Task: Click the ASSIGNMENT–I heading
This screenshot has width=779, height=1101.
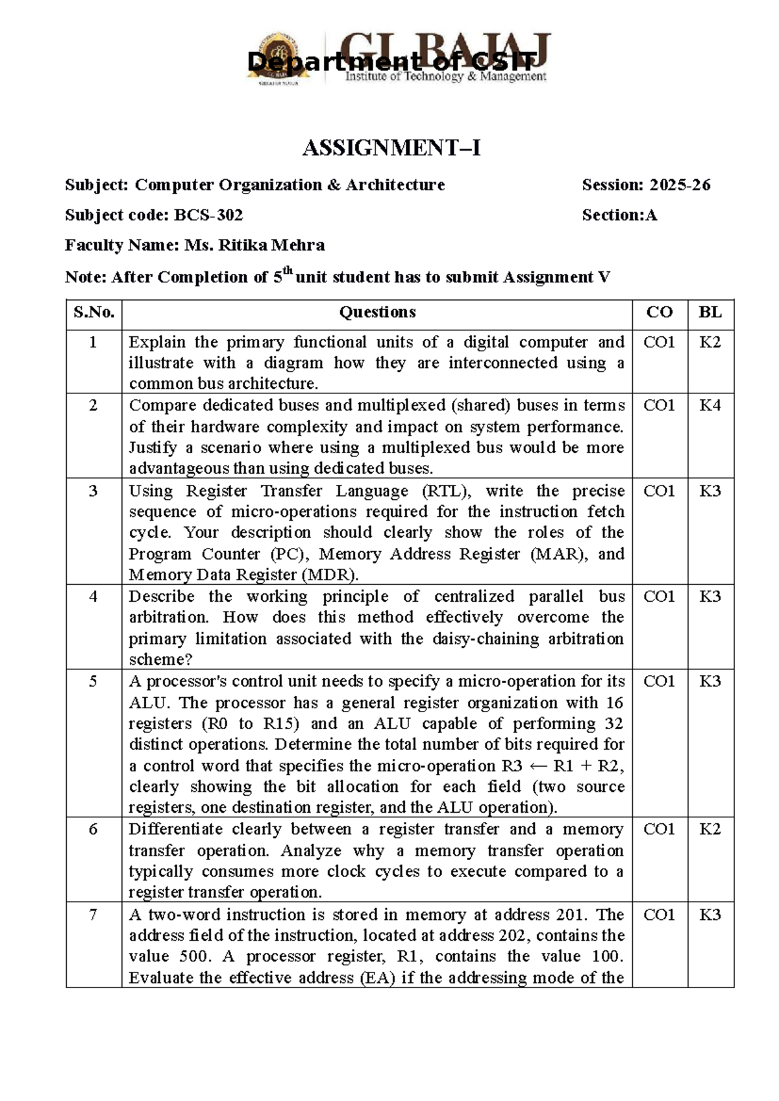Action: click(x=391, y=149)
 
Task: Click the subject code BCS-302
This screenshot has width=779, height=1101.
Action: click(x=208, y=215)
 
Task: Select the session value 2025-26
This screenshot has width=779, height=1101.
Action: click(x=680, y=185)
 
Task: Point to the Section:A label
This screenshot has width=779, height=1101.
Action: click(x=619, y=215)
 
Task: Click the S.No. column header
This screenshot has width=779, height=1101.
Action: click(x=94, y=312)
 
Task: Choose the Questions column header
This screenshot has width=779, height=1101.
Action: click(x=377, y=312)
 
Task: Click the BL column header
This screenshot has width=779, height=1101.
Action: click(x=710, y=312)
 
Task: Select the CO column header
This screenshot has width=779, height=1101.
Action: click(x=659, y=312)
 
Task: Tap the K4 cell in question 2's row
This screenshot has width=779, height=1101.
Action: click(x=710, y=406)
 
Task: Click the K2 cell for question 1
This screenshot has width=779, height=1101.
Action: click(x=710, y=342)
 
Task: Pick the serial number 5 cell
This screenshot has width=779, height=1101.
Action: click(x=93, y=682)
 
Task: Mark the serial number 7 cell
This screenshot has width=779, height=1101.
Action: click(x=93, y=915)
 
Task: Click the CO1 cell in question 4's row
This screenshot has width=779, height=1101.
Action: click(x=659, y=597)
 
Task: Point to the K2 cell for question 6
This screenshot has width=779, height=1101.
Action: click(x=710, y=830)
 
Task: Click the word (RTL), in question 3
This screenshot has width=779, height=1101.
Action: click(x=444, y=491)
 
